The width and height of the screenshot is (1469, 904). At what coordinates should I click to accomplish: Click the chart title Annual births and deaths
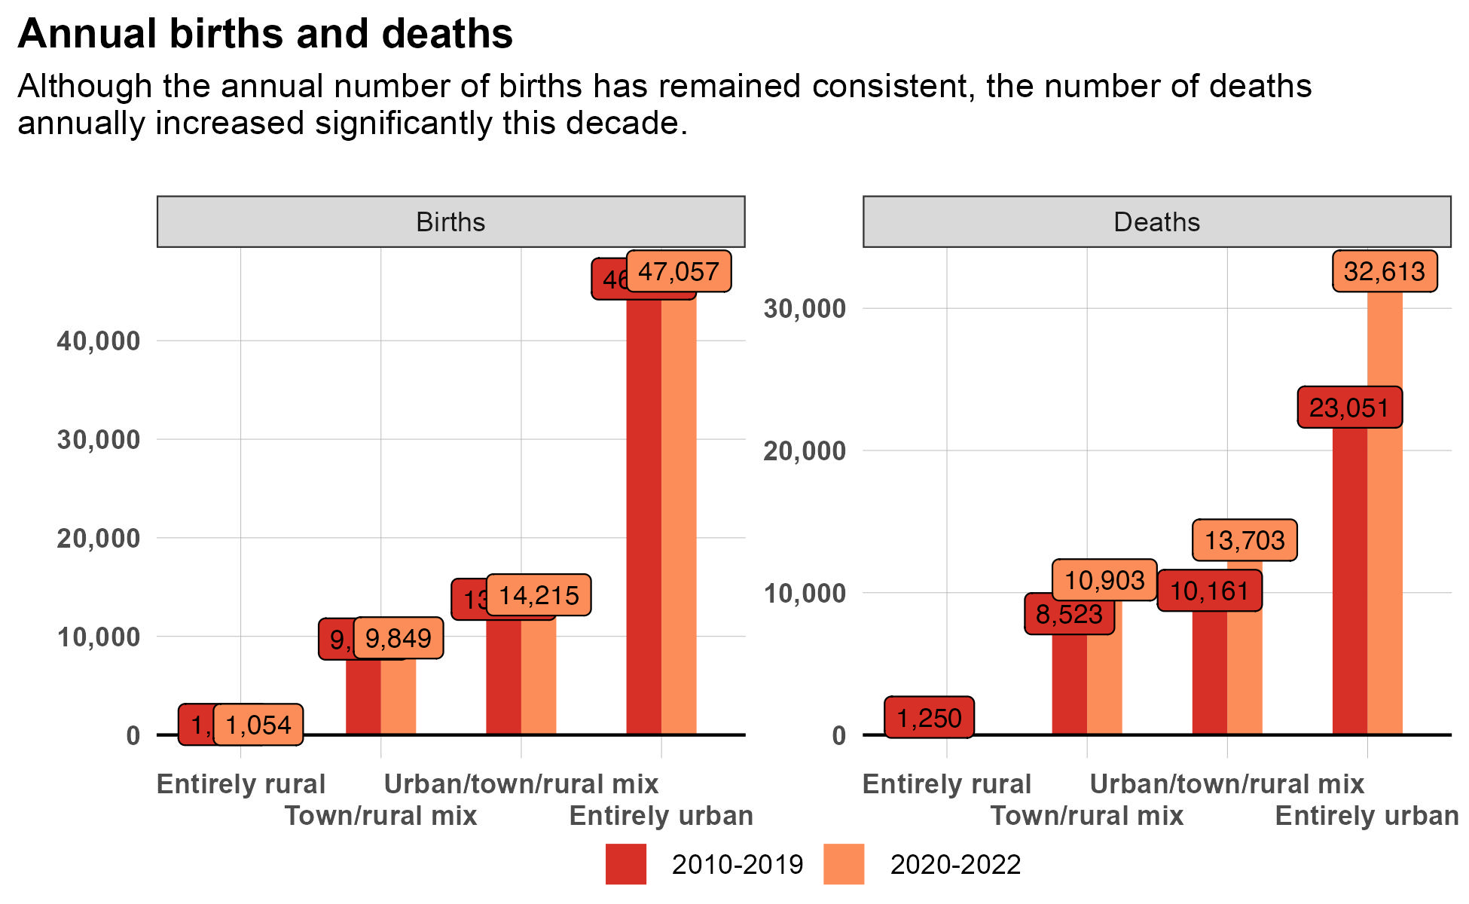(265, 34)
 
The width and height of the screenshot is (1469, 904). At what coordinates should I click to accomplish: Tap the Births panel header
(450, 222)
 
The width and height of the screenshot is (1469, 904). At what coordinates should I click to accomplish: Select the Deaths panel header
(1156, 222)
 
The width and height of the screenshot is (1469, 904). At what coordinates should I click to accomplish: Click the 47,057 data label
(679, 271)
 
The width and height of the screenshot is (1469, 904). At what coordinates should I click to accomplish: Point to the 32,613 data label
(1385, 271)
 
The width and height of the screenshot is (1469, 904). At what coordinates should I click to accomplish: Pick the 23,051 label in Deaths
(1349, 408)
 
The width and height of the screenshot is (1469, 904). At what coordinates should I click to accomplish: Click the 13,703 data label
(1245, 540)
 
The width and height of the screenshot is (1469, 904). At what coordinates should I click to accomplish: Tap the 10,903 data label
(1104, 580)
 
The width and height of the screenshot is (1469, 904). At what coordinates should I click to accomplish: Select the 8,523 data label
(1068, 614)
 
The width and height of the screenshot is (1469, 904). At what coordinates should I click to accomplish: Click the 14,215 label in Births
(539, 595)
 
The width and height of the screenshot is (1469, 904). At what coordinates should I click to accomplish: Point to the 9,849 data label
(399, 638)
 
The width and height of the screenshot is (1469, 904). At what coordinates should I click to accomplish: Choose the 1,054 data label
(258, 725)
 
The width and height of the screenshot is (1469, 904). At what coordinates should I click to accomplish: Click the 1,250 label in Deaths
(929, 718)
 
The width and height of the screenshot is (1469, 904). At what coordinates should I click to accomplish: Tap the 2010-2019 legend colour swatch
(626, 864)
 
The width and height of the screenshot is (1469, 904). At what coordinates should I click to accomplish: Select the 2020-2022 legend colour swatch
(844, 864)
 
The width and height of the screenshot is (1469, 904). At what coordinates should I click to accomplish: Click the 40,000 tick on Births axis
(99, 341)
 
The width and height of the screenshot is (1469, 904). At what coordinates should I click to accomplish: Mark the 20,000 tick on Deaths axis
(805, 451)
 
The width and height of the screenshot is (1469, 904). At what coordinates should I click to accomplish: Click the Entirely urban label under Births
(661, 816)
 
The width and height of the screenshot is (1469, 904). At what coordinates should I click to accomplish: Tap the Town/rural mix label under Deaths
(1086, 816)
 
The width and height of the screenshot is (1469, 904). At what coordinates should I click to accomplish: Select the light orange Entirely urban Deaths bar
(1385, 512)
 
